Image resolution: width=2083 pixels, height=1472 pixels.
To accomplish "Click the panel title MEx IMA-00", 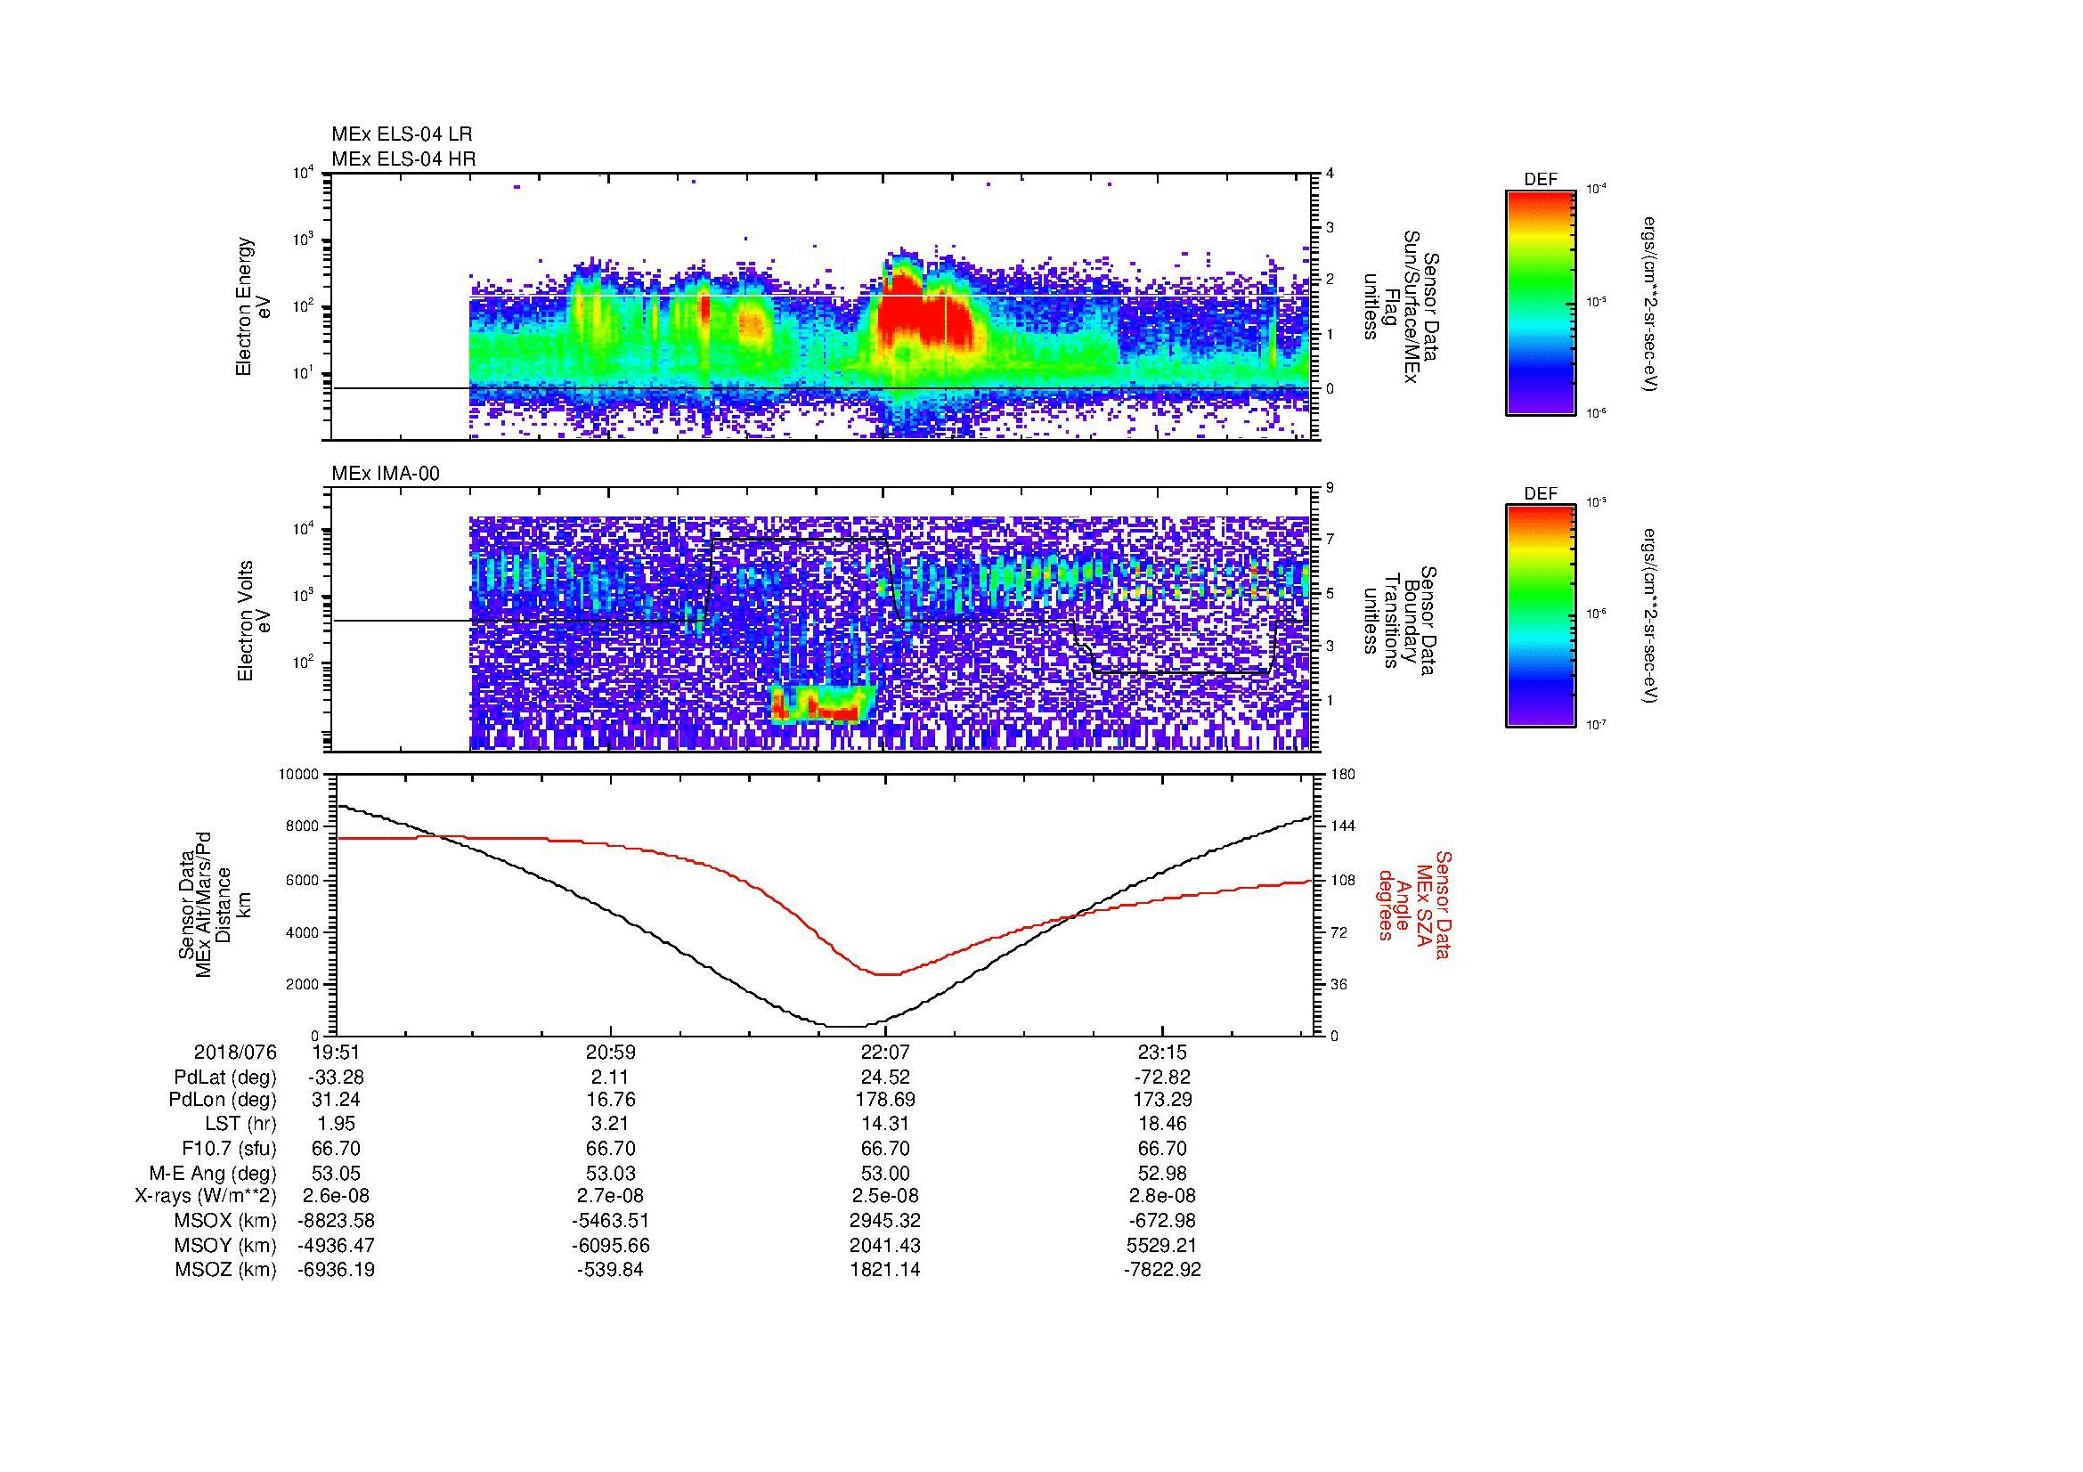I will [385, 474].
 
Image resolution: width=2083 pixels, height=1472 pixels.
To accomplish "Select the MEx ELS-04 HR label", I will [403, 159].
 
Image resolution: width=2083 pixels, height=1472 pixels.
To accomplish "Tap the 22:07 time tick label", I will [885, 1052].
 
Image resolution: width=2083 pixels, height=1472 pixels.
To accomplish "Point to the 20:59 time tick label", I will [610, 1052].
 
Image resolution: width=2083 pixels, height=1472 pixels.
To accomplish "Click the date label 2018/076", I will [235, 1052].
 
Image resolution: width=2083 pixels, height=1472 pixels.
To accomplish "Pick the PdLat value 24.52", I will [885, 1077].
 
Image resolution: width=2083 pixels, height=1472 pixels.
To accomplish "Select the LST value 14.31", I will [885, 1124].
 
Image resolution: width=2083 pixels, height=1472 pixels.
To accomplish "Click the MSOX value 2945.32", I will [885, 1221].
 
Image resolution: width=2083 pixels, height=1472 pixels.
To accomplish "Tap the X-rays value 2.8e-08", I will [1161, 1196].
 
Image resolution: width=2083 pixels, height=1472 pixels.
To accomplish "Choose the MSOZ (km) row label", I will [225, 1270].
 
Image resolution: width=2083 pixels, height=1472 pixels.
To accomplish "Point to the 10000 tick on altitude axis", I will [298, 775].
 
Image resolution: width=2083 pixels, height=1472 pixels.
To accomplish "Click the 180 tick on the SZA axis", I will [1342, 775].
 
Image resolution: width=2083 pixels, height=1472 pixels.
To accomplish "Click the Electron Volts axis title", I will [245, 621].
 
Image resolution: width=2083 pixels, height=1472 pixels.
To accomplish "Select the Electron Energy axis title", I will [245, 306].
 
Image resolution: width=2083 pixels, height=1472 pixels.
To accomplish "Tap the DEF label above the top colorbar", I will [1540, 180].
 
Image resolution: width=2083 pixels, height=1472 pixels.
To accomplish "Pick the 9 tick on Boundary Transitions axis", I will [1330, 488].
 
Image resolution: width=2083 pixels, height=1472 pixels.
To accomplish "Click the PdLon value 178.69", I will [885, 1100].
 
